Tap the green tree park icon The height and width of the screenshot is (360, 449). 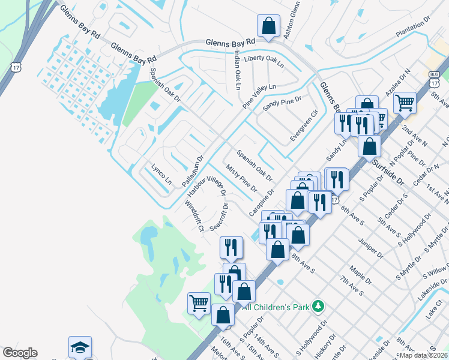[318, 307]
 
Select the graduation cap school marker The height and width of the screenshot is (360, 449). [80, 347]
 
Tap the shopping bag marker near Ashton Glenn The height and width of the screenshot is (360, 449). [268, 26]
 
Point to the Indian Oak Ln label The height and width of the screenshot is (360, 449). [238, 70]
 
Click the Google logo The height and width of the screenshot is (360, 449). [20, 353]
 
